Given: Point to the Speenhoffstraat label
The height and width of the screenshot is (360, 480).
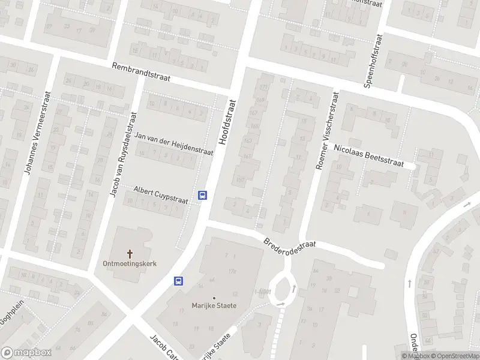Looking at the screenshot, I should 373,60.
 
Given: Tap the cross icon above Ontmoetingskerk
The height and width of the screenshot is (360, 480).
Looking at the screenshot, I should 130,253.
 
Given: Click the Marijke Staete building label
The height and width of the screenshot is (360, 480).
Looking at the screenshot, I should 214,305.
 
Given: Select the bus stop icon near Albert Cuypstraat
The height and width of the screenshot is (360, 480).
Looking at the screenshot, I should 203,195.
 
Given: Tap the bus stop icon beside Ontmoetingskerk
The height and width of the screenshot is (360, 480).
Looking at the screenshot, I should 178,281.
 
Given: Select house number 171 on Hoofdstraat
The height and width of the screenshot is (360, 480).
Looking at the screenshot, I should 263,88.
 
